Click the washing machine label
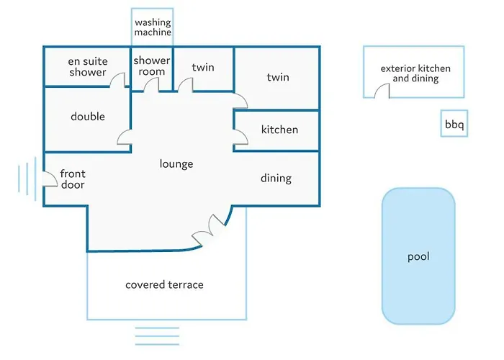point(153,27)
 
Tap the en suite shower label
point(88,66)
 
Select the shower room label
point(152,66)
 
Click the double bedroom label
point(88,117)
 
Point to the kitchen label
point(279,130)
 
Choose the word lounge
point(176,164)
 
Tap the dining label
point(276,178)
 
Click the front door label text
point(73,179)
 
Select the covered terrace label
point(164,285)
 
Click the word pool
point(418,257)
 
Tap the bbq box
point(454,123)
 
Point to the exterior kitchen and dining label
point(415,73)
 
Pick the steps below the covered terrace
point(157,336)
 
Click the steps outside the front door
point(27,179)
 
